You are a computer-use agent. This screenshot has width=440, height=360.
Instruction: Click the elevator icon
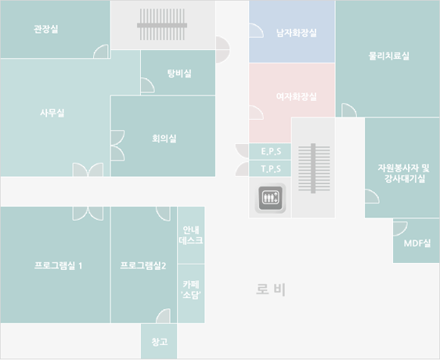pos(270,198)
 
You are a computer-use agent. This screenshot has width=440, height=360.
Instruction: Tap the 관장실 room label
pos(46,29)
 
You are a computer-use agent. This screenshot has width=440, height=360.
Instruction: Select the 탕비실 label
pos(179,74)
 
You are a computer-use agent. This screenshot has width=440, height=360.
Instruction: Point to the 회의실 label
pos(164,139)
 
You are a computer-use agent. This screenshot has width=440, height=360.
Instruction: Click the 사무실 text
pos(52,113)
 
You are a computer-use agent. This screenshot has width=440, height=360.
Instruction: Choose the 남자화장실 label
pos(297,33)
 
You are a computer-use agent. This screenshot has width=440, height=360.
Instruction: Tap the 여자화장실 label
pos(297,97)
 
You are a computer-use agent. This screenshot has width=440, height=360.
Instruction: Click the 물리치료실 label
pos(388,56)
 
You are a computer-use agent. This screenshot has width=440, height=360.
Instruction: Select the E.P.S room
pos(270,152)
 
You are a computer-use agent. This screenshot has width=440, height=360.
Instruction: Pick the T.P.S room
pos(270,169)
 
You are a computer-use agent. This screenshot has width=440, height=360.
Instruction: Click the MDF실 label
pos(417,243)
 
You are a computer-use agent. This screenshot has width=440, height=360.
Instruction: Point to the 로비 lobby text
pos(271,290)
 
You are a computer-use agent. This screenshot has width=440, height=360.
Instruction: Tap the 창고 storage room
pos(159,341)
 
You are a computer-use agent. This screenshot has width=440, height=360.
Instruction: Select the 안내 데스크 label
pos(191,235)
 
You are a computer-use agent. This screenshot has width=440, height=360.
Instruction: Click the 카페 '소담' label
pos(191,290)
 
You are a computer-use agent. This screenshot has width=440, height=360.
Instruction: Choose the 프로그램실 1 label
pos(59,265)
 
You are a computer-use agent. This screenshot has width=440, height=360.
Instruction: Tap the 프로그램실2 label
pos(143,265)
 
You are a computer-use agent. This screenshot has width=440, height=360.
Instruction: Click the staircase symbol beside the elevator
pos(314,168)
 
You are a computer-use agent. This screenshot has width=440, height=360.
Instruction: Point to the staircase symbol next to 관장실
pos(162,24)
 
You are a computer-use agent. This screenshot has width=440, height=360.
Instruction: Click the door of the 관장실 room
pos(101,52)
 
